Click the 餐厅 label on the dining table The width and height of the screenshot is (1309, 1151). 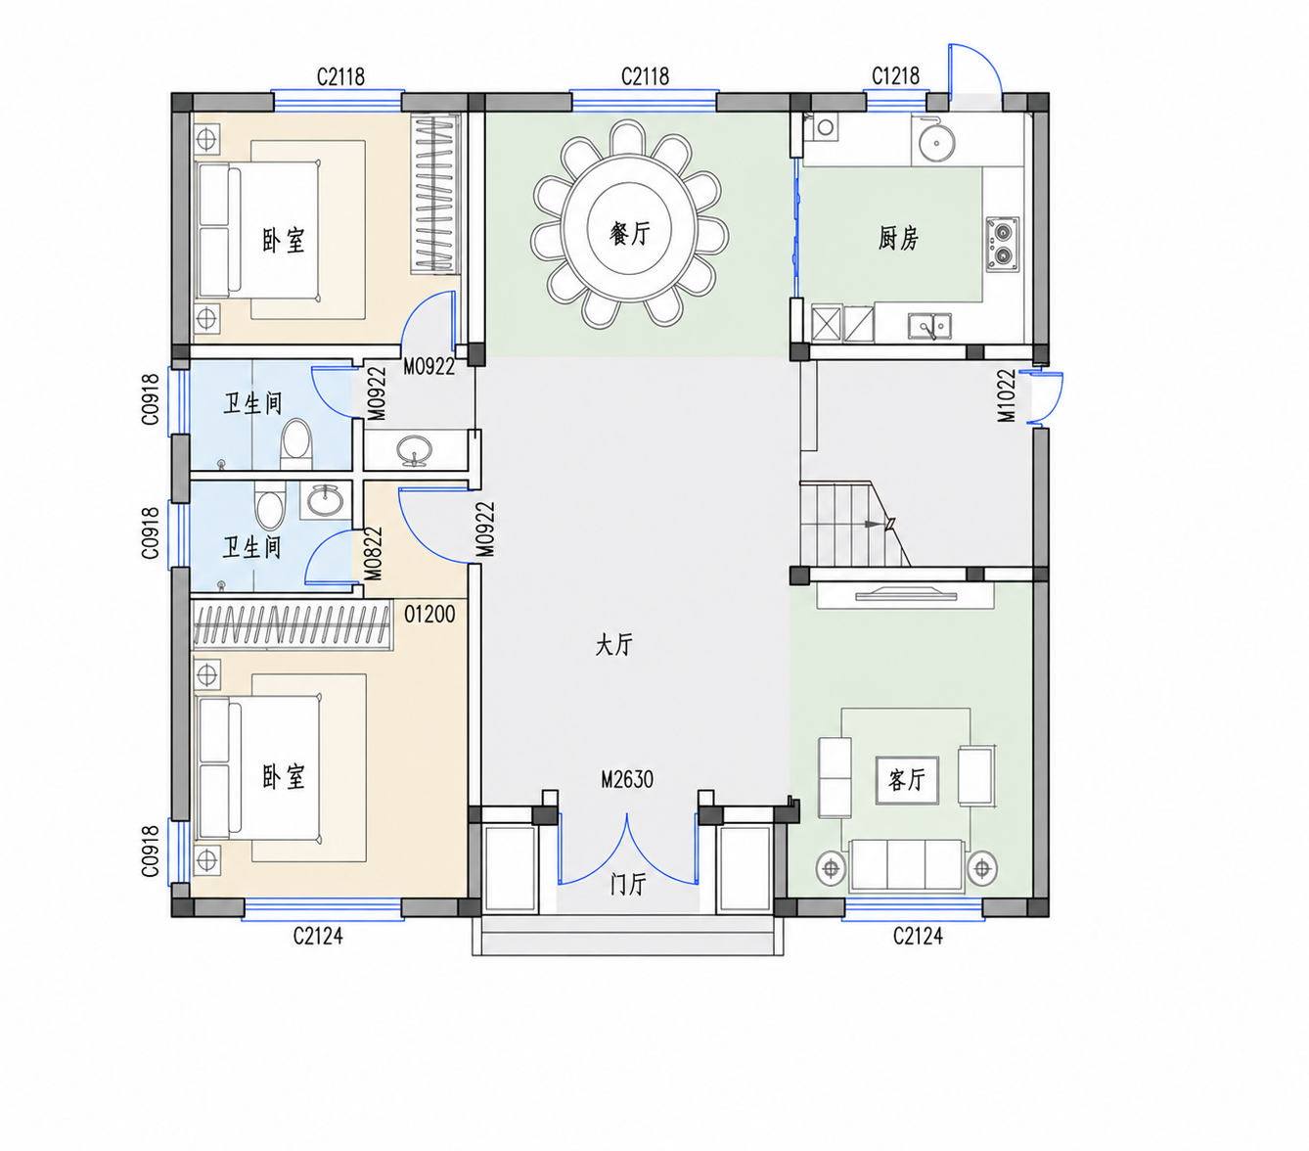(x=629, y=233)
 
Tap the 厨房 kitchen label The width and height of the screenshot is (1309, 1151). (x=897, y=238)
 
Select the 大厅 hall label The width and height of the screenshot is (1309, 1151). (x=613, y=644)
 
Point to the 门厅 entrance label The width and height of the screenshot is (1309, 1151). (x=627, y=884)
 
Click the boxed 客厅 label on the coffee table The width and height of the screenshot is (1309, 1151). (x=907, y=780)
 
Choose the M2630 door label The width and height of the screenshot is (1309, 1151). (x=627, y=779)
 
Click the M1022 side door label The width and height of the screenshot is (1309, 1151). (x=1007, y=395)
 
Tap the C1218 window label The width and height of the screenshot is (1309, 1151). (x=895, y=76)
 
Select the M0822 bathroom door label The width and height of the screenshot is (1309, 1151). (x=374, y=554)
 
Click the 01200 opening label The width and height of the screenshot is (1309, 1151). (x=429, y=614)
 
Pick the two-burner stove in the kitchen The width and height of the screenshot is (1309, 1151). (x=1002, y=244)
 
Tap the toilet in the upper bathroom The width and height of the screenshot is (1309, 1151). (x=296, y=443)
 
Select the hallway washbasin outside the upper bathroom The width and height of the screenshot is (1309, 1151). (x=414, y=450)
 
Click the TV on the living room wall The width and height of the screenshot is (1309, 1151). (x=905, y=593)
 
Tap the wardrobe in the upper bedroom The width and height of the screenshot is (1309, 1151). (x=435, y=195)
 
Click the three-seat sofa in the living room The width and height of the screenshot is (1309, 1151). (x=907, y=865)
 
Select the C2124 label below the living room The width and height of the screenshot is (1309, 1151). (x=918, y=935)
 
